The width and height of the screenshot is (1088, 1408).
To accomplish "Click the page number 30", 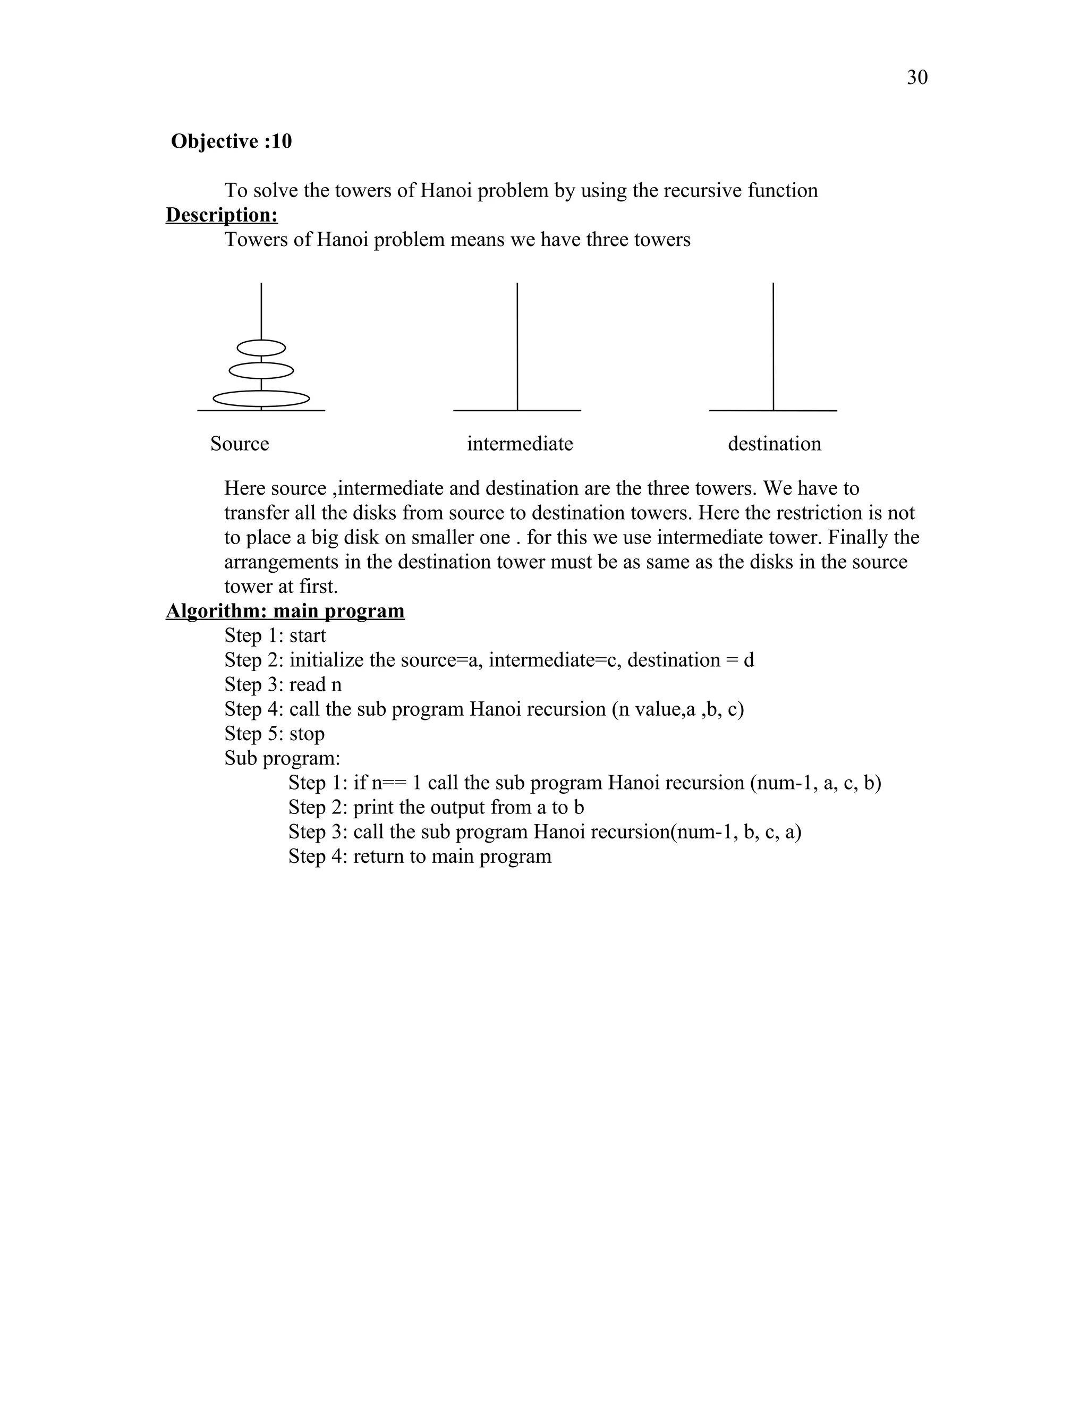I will pyautogui.click(x=916, y=78).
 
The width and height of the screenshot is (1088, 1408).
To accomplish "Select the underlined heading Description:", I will pyautogui.click(x=222, y=215).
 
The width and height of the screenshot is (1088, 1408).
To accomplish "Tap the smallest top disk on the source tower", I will pyautogui.click(x=261, y=348).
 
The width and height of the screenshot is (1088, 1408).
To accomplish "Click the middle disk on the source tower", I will pyautogui.click(x=261, y=371).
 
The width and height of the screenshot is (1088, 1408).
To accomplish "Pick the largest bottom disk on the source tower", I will pyautogui.click(x=261, y=398).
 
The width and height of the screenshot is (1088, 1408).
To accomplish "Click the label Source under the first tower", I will pyautogui.click(x=239, y=444).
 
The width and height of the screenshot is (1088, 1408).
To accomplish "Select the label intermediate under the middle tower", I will pyautogui.click(x=520, y=444).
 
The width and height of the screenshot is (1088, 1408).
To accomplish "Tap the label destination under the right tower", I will pyautogui.click(x=774, y=444).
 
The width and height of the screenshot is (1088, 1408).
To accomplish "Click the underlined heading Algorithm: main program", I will pyautogui.click(x=285, y=610).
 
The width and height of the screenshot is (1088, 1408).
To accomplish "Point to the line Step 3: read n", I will pyautogui.click(x=283, y=685).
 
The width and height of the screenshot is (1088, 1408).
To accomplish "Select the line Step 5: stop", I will pyautogui.click(x=275, y=734).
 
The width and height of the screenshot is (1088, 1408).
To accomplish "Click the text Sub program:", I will pyautogui.click(x=282, y=758).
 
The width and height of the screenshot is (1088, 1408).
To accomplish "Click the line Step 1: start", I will pyautogui.click(x=275, y=635).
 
